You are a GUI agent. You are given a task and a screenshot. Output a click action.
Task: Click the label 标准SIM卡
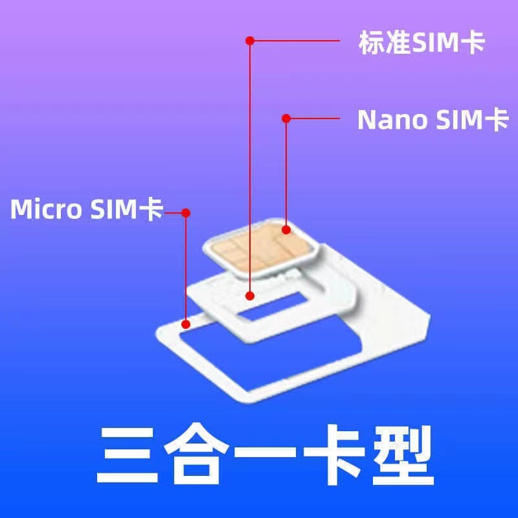point(422,42)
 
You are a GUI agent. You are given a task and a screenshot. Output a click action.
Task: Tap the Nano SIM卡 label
point(433,120)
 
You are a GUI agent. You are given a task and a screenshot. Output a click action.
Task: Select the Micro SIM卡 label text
point(87,208)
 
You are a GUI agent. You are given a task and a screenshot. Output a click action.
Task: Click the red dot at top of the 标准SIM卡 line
point(250,41)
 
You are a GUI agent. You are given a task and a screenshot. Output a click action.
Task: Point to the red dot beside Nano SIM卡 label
point(286,118)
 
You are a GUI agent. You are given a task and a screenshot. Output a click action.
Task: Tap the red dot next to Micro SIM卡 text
point(186,213)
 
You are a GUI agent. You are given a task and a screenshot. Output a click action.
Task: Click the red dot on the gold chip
point(286,230)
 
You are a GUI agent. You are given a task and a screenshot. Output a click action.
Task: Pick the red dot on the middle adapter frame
point(250,296)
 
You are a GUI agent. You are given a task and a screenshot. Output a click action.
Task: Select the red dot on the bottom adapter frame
point(186,324)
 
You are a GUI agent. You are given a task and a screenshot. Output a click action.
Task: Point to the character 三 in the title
point(126,455)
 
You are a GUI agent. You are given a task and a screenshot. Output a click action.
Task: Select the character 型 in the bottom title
point(403,455)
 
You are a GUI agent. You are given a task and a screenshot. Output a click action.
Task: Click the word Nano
point(393,120)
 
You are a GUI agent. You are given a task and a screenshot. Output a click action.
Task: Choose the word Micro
point(46,208)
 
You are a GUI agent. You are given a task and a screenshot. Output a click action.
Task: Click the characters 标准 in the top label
point(385,42)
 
